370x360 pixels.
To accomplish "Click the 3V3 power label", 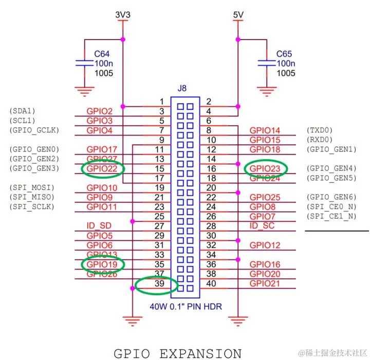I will point(123,15).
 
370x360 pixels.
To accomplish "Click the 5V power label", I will point(237,15).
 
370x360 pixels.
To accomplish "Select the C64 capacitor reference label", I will point(102,53).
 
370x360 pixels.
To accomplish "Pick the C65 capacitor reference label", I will point(285,53).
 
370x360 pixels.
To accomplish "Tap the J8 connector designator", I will point(182,88).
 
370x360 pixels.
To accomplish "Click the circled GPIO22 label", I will point(102,168).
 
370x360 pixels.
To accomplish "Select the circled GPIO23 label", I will point(266,168).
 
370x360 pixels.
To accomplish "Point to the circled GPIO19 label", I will point(102,264).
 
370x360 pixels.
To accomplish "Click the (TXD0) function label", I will point(320,130).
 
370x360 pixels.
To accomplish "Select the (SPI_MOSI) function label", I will point(32,187).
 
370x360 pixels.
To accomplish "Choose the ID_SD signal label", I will point(99,226).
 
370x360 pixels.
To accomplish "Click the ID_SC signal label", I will point(262,226).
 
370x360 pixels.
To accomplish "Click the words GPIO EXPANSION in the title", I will point(177,353).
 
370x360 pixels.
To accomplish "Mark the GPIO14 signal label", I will point(265,130).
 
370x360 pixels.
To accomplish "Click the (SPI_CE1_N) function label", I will point(331,216).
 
